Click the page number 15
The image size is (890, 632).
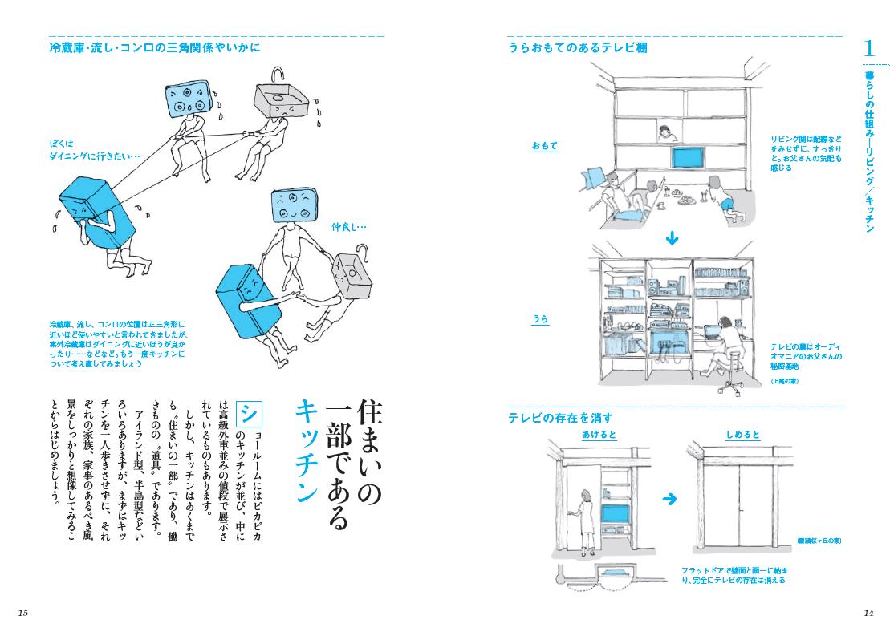pos(22,613)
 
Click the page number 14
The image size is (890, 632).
pos(868,613)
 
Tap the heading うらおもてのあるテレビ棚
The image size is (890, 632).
pos(577,48)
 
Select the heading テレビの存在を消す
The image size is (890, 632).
pos(560,418)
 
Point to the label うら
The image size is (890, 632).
pos(540,319)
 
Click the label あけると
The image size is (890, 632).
pos(600,435)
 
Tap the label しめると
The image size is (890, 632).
pos(742,435)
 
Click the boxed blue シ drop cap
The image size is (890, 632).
pos(250,415)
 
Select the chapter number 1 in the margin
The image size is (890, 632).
pos(868,48)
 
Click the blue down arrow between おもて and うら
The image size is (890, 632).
pos(673,238)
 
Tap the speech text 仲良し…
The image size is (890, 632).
pos(348,226)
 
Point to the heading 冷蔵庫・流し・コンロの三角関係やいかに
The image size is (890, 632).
pos(155,48)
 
